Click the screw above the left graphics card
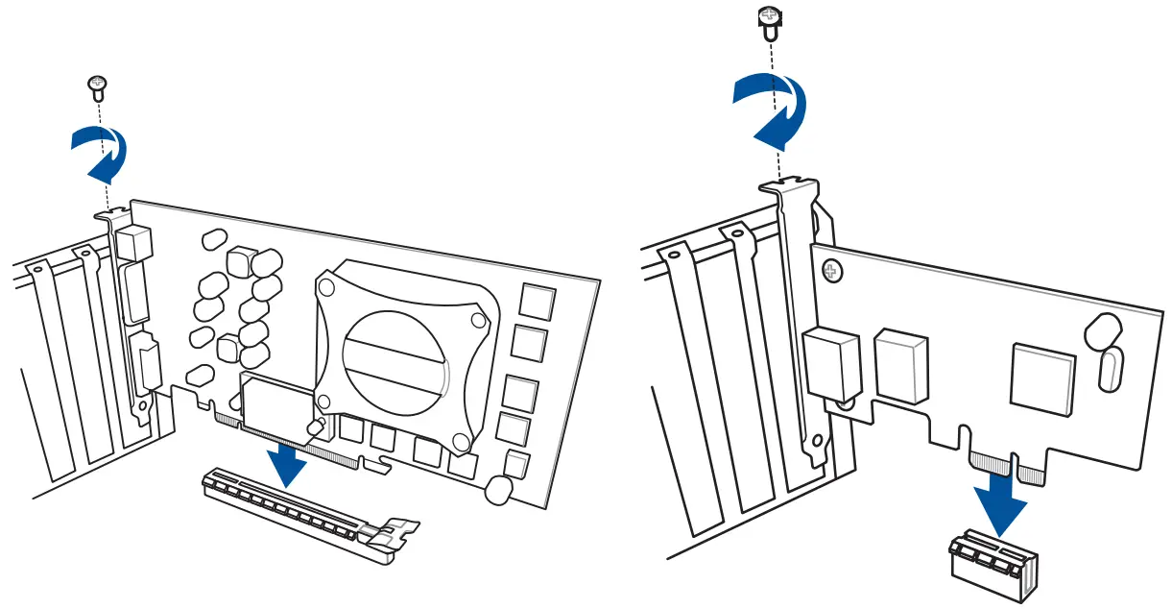tap(96, 87)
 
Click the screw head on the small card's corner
tap(831, 272)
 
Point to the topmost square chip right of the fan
tap(537, 302)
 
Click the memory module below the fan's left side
tap(275, 402)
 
